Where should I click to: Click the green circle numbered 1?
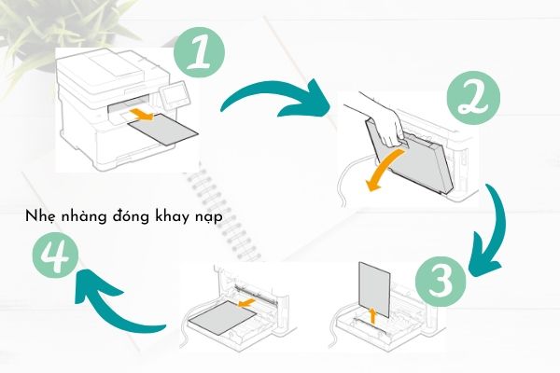[199, 52]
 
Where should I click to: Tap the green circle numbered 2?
[473, 98]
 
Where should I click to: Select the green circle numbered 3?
[441, 281]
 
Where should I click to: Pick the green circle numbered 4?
[55, 256]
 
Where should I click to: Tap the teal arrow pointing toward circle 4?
[107, 307]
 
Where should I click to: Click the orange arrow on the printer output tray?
[142, 115]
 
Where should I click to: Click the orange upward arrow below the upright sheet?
[372, 316]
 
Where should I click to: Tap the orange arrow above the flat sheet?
[246, 303]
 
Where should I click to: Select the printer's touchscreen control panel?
[175, 94]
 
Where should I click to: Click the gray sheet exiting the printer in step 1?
[162, 130]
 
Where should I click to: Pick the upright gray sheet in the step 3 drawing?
[374, 289]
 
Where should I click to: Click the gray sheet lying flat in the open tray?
[222, 317]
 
